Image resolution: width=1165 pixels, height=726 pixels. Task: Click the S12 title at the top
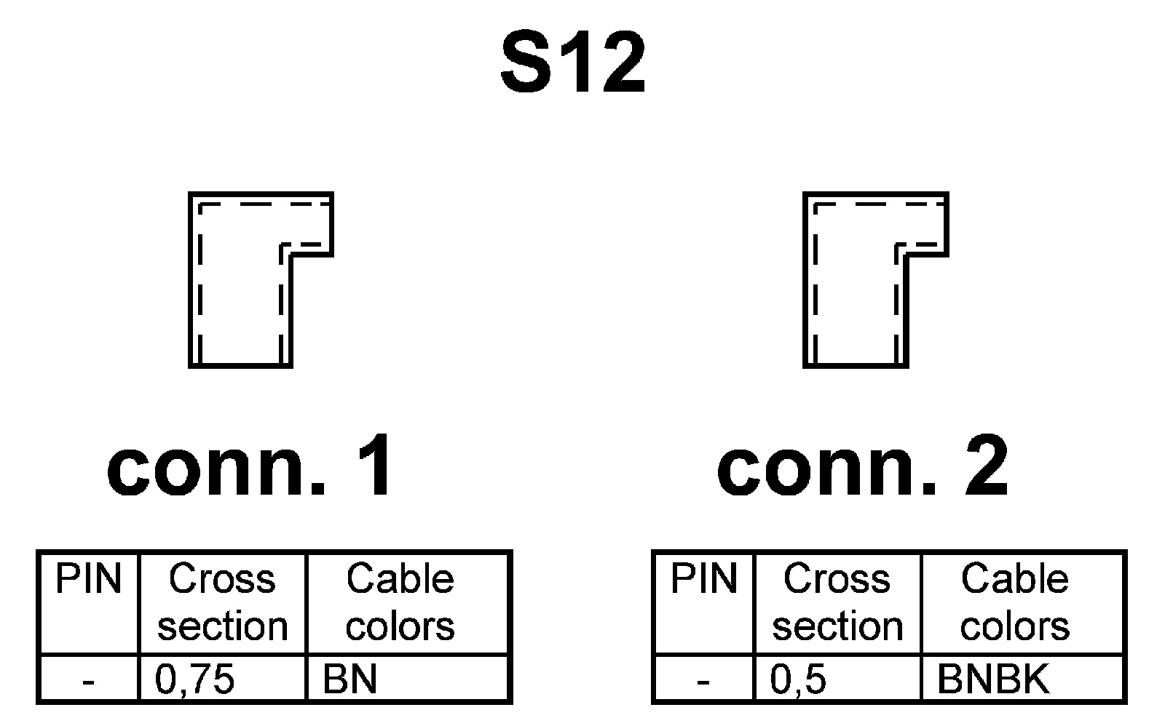[573, 63]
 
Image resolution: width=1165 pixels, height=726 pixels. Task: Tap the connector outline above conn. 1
[241, 279]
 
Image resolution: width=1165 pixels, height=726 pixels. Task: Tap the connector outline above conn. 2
[856, 279]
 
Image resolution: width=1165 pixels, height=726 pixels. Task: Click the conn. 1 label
[250, 466]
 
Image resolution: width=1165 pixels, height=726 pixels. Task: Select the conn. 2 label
[863, 466]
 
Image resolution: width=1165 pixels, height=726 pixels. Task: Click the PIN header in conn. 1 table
[88, 580]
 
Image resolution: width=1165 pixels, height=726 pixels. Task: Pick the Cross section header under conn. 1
[222, 603]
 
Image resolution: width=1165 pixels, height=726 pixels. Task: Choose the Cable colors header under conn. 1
[400, 603]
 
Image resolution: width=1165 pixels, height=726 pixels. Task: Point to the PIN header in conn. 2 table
[703, 580]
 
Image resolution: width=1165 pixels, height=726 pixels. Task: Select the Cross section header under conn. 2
[837, 603]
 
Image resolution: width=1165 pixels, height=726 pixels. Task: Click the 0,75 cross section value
[195, 679]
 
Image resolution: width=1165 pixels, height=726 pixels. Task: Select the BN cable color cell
[350, 679]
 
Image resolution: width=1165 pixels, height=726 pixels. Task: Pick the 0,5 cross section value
[799, 679]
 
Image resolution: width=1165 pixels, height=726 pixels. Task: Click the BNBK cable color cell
[993, 679]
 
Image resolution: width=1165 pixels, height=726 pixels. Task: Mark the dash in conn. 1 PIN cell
[88, 682]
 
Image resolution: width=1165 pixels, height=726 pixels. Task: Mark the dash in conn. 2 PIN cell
[703, 682]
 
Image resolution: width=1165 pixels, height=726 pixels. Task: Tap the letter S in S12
[526, 63]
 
